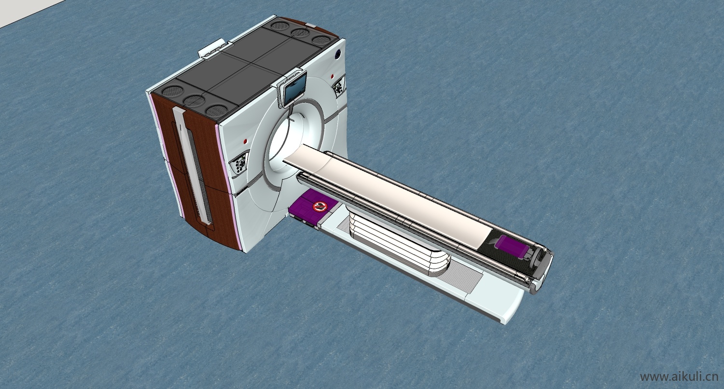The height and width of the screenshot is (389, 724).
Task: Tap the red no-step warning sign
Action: pos(320,206)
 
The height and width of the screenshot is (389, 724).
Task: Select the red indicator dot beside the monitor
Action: pos(333,76)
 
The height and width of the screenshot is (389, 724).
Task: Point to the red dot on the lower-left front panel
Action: pos(245,141)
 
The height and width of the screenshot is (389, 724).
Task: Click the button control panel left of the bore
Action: pos(239,163)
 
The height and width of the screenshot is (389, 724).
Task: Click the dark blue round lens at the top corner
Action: pos(337,55)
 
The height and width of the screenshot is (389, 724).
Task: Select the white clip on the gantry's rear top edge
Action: pos(212,48)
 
